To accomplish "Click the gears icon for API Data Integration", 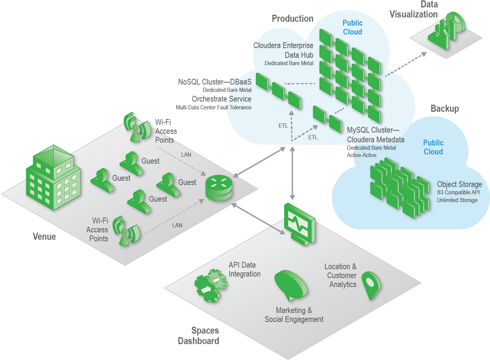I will [210, 286].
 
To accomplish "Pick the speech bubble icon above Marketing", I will [290, 284].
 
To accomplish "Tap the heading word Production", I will [292, 18].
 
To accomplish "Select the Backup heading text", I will [445, 109].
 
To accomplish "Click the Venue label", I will [44, 237].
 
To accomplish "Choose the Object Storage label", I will [459, 184].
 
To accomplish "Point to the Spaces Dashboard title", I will [198, 336].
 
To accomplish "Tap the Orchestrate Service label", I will [221, 99].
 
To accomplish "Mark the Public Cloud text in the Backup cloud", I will [433, 147].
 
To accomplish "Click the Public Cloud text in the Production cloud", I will [352, 28].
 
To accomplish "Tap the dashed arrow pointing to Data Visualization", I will [405, 64].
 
